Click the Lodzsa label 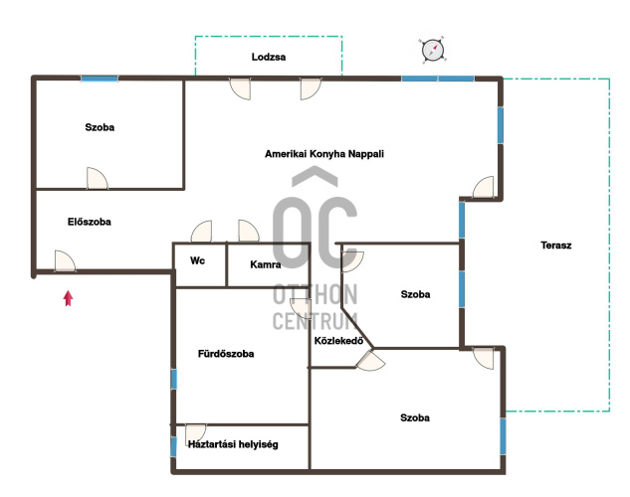point(269,57)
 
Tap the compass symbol point(433,50)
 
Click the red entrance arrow point(69,298)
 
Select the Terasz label point(555,246)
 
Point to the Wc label point(197,260)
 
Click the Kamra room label point(265,264)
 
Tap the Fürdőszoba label point(226,354)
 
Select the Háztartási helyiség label point(233,444)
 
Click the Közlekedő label point(338,341)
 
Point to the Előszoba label point(90,222)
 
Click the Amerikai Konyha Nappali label point(324,154)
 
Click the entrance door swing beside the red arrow point(65,261)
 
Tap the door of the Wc point(201,232)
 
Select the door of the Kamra point(249,231)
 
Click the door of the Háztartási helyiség point(196,433)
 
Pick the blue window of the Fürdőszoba point(174,379)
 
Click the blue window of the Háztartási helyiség point(173,447)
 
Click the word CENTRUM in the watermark point(315,321)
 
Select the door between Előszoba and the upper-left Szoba point(98,179)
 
